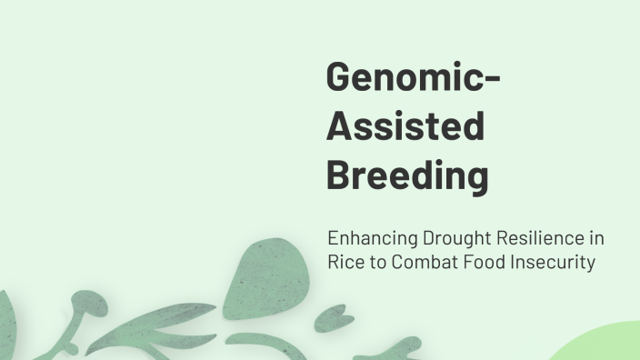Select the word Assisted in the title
405,126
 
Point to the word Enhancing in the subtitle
371,239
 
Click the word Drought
452,239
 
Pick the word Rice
344,263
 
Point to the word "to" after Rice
373,263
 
